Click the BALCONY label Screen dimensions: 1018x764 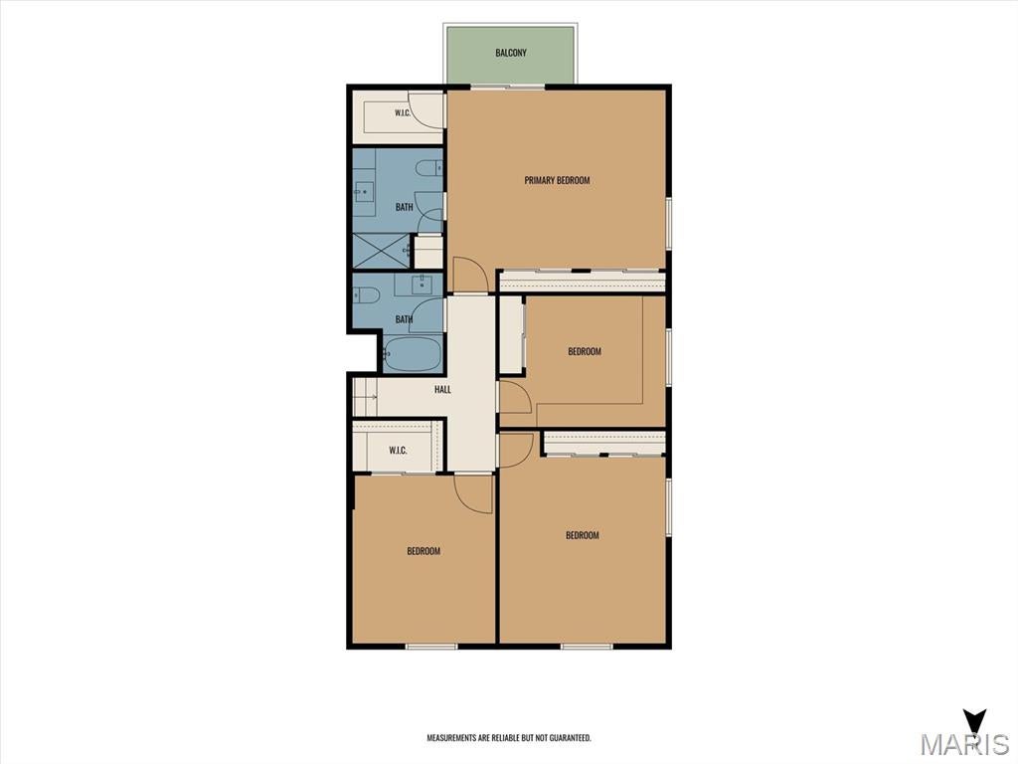(511, 53)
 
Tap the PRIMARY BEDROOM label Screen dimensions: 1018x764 (557, 180)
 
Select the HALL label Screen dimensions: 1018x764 (442, 390)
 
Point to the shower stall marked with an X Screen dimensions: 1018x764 (382, 250)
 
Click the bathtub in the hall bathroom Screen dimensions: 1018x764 (413, 353)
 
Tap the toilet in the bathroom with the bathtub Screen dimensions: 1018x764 (366, 294)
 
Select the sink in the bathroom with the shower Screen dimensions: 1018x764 (364, 191)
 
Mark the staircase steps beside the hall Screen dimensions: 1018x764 (365, 396)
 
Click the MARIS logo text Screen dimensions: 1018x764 (964, 744)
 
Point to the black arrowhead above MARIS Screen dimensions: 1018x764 (974, 721)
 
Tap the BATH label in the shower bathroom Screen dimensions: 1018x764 (404, 207)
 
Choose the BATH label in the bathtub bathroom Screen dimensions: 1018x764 (404, 319)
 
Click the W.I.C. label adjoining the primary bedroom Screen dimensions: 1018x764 (403, 113)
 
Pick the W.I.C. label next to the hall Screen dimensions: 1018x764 (398, 451)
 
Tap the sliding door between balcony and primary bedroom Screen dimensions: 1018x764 (507, 87)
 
